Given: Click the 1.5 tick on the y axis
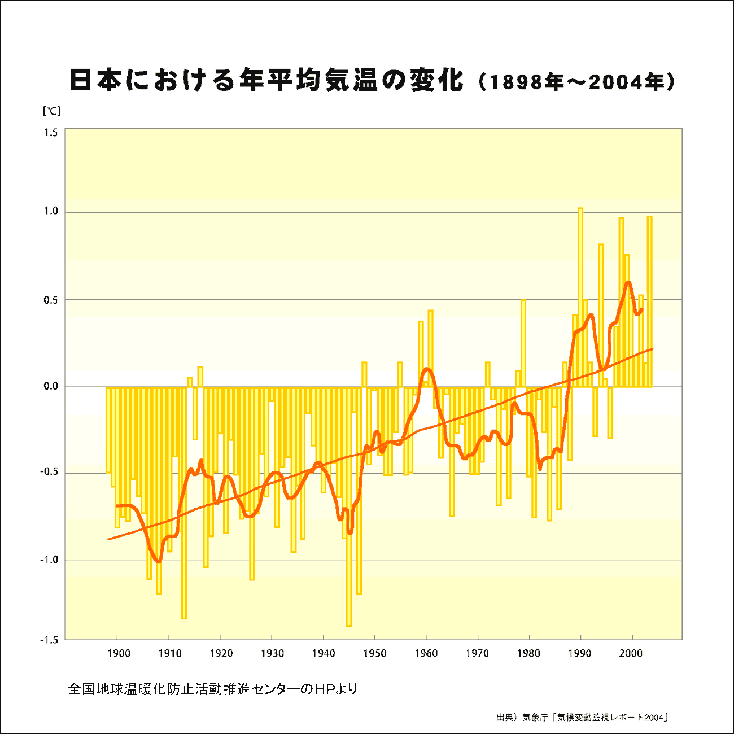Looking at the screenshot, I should coord(51,133).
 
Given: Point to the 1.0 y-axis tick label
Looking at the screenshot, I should coord(51,212).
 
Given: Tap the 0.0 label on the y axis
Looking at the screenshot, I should coord(51,387).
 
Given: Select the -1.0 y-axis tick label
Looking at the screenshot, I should coord(50,560).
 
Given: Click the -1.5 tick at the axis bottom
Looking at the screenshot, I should coord(50,640).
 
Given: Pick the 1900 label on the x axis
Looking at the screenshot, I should coord(118,654).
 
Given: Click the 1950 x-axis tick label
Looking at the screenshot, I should coord(374,654).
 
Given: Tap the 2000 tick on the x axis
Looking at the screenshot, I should coord(631,654).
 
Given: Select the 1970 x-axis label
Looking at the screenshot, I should coord(477,654).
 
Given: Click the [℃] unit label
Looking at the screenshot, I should coord(51,111).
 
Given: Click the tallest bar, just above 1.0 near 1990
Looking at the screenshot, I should coord(580,294).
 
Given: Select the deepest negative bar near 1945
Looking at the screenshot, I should coord(349,508).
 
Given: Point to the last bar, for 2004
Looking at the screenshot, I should coord(649,302).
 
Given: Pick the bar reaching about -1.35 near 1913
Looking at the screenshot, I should coord(184,503).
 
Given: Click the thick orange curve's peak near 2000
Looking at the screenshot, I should coord(628,283).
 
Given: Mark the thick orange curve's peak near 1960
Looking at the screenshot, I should coord(427,369).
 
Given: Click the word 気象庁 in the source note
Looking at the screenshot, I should coord(535,718).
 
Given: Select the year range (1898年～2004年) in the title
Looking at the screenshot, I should coord(576,82).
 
